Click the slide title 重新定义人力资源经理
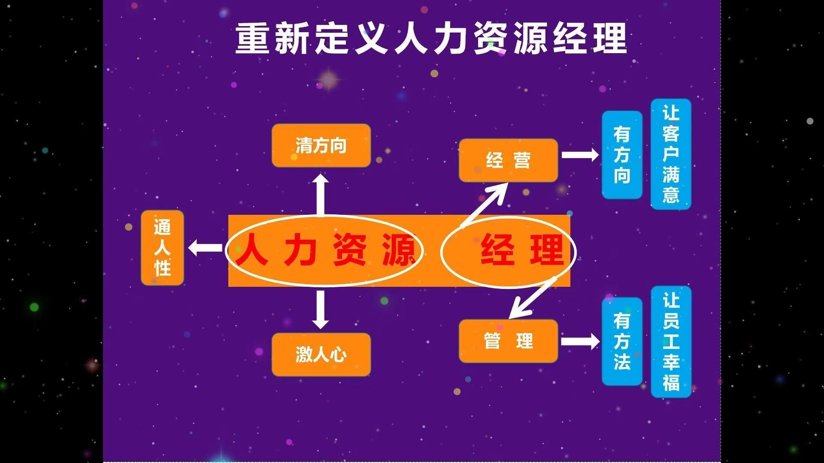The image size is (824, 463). [431, 39]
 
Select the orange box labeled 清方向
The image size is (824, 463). [321, 145]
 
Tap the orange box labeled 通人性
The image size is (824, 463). [162, 248]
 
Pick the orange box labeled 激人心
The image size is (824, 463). [321, 355]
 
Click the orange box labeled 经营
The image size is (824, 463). [508, 160]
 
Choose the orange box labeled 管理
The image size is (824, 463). [508, 341]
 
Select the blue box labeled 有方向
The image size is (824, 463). [622, 155]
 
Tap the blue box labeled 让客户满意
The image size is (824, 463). [671, 154]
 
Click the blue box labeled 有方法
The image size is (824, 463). [622, 341]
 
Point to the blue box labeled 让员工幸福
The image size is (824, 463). [671, 342]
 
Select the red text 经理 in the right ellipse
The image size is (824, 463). [522, 250]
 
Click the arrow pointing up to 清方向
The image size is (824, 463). [320, 195]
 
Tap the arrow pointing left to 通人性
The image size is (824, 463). [205, 248]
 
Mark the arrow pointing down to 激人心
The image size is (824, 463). [320, 310]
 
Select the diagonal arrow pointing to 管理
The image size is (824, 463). [533, 298]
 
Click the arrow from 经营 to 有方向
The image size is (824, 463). [580, 154]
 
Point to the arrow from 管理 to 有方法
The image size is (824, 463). [580, 341]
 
